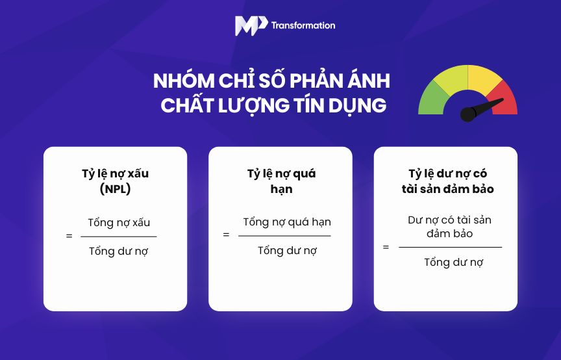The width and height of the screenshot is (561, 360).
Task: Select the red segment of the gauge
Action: (504, 98)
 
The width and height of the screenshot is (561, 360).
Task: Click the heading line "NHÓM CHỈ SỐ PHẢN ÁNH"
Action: (271, 82)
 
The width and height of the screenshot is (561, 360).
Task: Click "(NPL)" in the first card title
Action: (115, 189)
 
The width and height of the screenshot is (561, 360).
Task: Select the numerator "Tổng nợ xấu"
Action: (119, 222)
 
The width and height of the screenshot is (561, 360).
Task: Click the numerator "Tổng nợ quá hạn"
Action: (287, 222)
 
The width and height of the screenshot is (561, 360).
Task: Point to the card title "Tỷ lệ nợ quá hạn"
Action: (280, 181)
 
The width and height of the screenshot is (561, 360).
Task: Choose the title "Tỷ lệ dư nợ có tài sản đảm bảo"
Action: (447, 181)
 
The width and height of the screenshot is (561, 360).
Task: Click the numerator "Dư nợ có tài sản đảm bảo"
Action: (449, 226)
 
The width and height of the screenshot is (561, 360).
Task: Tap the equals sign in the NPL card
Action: (69, 236)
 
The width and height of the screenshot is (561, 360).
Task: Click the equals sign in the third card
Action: (386, 247)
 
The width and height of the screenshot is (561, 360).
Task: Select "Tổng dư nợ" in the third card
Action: (454, 263)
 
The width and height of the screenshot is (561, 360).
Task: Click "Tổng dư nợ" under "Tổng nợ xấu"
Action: (119, 251)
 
